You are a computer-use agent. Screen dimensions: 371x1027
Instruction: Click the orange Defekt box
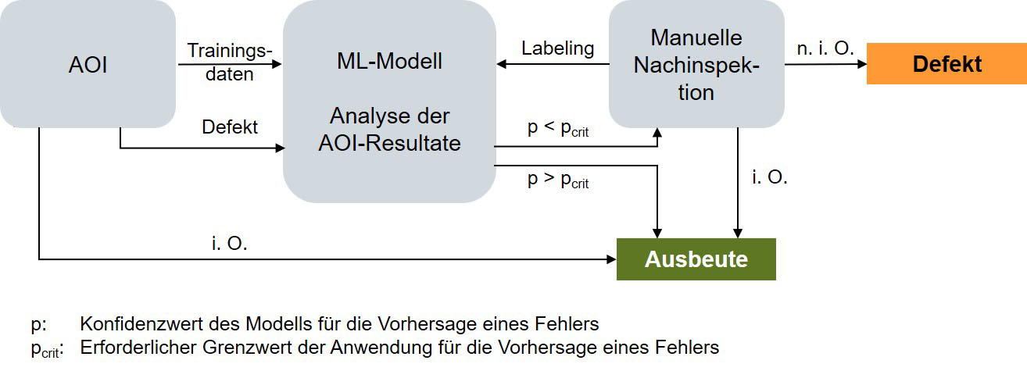coord(946,64)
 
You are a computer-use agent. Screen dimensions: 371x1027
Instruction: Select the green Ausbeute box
coord(696,259)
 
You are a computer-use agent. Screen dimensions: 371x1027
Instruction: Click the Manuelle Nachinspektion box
coord(696,65)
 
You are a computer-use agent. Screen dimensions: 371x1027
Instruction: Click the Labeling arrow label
coord(557,48)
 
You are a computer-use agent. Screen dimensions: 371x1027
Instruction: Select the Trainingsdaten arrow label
coord(230,63)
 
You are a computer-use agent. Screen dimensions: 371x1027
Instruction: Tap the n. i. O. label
coord(825,48)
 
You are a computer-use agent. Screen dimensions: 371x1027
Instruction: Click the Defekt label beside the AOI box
coord(230,127)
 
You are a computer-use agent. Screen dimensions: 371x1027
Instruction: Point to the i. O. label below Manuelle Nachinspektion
coord(770,177)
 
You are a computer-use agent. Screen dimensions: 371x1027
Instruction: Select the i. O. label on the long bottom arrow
coord(229,243)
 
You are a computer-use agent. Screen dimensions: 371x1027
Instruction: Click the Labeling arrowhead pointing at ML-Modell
coord(502,65)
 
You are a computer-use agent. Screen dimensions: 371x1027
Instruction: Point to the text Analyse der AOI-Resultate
coord(389,130)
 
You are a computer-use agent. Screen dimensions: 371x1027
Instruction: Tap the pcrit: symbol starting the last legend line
coord(46,348)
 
